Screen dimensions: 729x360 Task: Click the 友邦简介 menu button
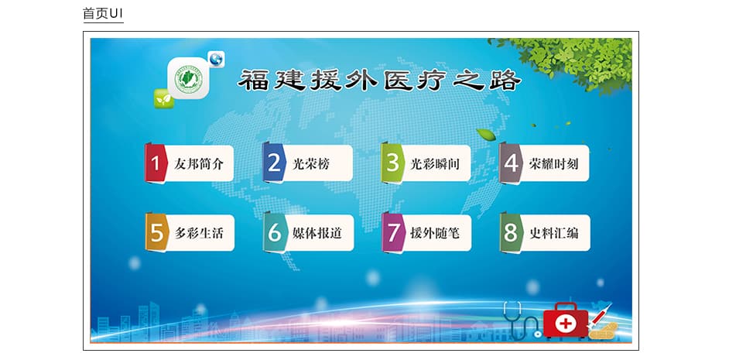(189, 163)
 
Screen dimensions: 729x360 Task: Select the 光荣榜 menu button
(307, 163)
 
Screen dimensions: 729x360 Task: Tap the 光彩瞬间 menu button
(426, 163)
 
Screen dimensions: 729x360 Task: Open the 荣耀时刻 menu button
(544, 163)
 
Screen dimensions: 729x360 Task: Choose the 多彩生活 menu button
(190, 232)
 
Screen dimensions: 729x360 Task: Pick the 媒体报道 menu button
(308, 232)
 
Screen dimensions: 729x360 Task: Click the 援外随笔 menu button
(426, 232)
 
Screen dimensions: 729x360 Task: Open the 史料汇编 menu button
(545, 232)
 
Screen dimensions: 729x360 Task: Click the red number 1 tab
(156, 163)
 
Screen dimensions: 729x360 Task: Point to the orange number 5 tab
(156, 233)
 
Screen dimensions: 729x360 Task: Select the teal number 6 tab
(274, 233)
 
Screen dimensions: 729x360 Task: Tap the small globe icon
(216, 59)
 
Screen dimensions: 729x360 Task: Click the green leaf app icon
(163, 99)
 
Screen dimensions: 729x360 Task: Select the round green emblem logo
(188, 80)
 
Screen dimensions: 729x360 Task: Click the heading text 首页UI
(103, 13)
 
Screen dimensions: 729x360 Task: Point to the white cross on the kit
(566, 322)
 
